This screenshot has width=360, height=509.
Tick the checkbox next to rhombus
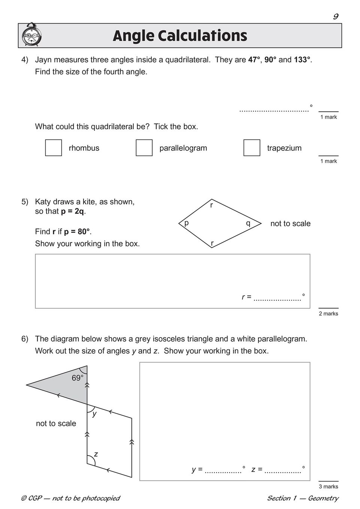tap(54, 147)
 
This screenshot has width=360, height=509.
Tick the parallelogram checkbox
tap(144, 147)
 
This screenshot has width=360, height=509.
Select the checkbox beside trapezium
tap(252, 147)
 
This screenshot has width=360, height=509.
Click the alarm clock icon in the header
tap(32, 35)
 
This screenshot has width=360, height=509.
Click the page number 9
tap(335, 16)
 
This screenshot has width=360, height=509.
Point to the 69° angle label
tap(78, 378)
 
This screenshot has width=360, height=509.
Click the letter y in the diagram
tap(94, 414)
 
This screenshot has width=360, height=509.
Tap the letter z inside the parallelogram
tap(96, 454)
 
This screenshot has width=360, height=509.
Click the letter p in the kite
tap(186, 223)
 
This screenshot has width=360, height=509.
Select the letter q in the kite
tap(248, 223)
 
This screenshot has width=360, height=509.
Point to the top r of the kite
tap(212, 205)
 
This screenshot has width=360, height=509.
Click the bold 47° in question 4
tap(254, 60)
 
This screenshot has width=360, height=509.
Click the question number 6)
tap(25, 339)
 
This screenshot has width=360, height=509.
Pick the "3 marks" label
tap(329, 487)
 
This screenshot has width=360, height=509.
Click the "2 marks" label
tap(329, 314)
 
